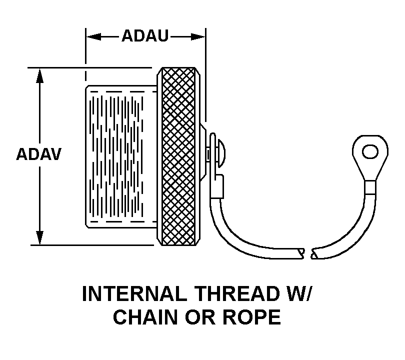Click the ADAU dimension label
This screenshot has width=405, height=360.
[x=145, y=35]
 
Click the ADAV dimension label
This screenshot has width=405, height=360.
[x=38, y=154]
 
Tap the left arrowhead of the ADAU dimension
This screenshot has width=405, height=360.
[x=93, y=36]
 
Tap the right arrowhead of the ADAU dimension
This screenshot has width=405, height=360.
[x=198, y=36]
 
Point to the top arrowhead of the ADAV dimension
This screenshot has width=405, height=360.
[x=39, y=75]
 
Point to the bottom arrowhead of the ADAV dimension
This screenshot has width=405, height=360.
[x=39, y=237]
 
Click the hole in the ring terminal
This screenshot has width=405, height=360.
[x=370, y=151]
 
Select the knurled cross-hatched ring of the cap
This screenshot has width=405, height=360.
[x=178, y=156]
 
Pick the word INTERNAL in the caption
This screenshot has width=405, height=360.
[x=134, y=294]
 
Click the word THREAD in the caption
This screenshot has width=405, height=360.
[x=237, y=294]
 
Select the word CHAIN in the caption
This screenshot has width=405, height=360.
[x=145, y=317]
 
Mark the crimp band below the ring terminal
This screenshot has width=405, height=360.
[x=370, y=187]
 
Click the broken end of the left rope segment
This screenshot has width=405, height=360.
[x=301, y=253]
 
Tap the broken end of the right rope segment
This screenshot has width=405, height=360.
[x=314, y=253]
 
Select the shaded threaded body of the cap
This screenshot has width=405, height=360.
[x=121, y=156]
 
